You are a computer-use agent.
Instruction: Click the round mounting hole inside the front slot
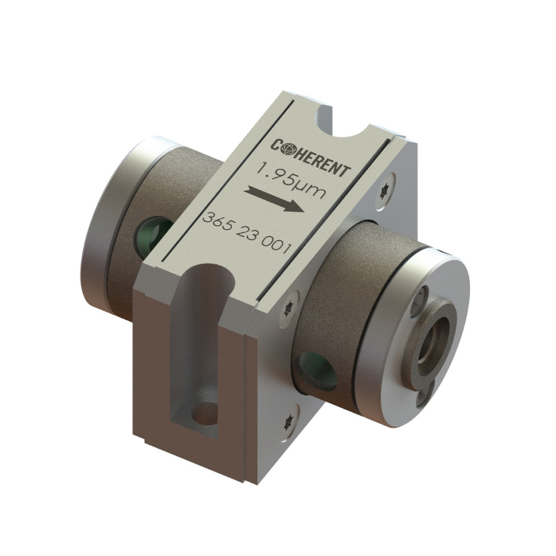click(x=207, y=414)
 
